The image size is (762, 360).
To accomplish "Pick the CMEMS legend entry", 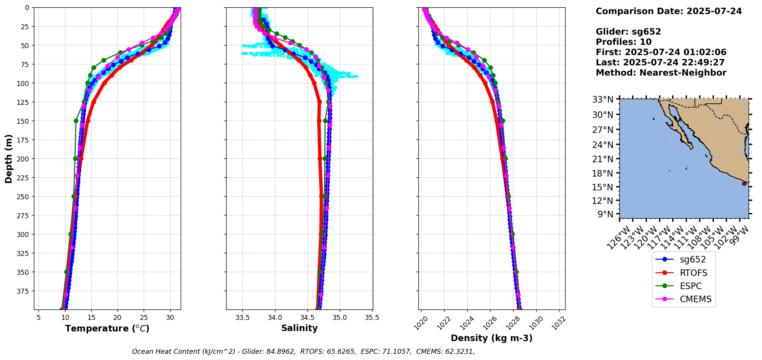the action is point(683,299).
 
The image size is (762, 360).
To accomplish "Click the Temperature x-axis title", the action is point(107,328).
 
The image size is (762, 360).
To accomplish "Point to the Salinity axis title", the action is point(299,328).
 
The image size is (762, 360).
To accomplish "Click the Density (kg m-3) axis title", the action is point(492,338).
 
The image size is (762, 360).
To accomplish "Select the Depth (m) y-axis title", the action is point(9,158).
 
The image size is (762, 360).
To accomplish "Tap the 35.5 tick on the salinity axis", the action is point(372,318).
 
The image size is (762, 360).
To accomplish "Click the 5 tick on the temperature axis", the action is point(39,318).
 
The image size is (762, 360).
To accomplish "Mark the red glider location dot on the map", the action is point(744,183).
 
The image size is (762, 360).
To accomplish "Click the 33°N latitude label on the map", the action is point(603,100).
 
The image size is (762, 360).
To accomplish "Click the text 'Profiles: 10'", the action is point(624,42).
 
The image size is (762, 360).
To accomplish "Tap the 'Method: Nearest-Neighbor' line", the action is point(661,73).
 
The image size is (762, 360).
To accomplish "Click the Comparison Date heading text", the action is point(669,11).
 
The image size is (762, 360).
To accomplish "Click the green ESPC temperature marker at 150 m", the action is point(76,121).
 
